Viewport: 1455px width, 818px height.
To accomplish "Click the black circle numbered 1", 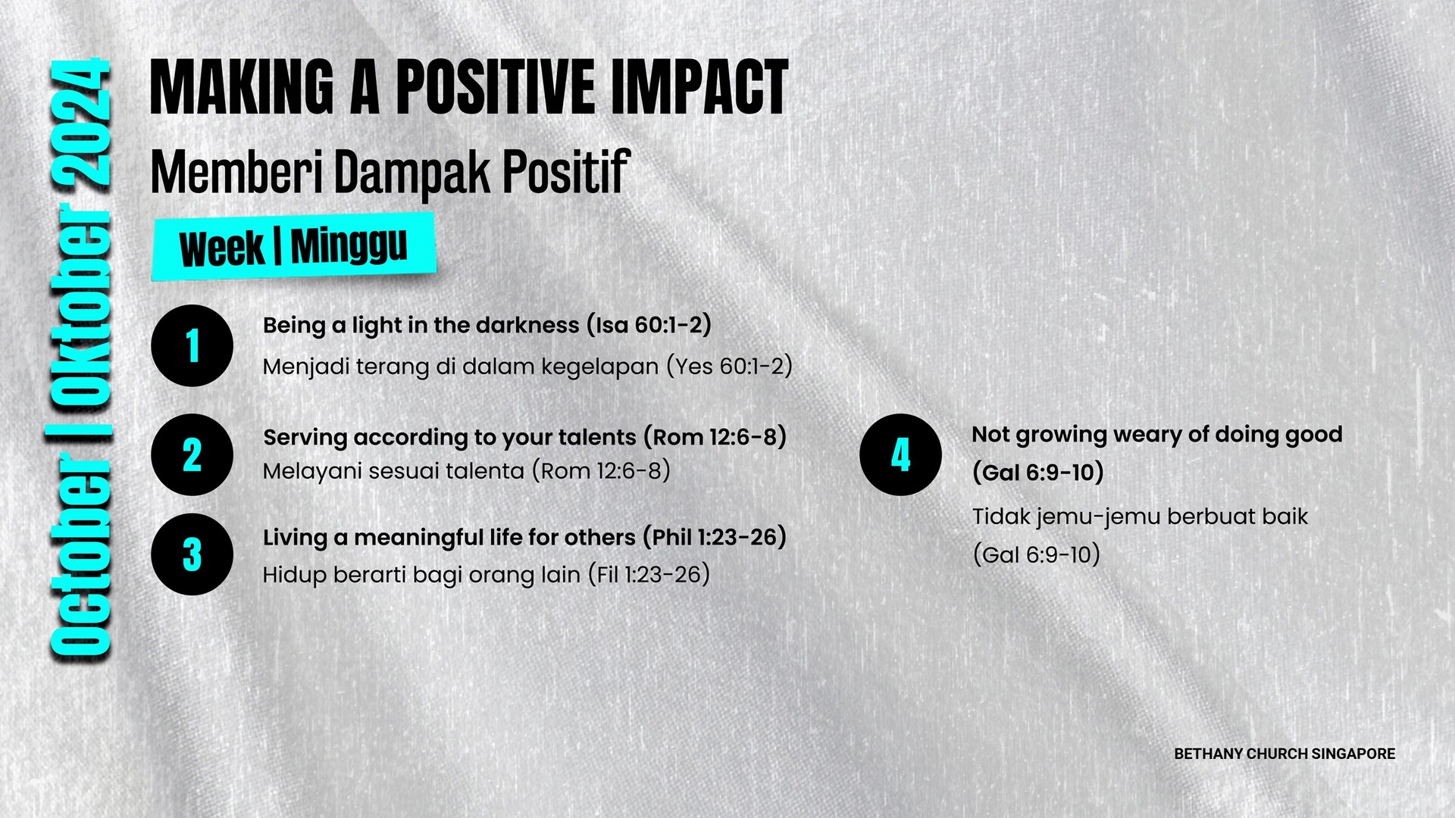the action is pyautogui.click(x=192, y=345).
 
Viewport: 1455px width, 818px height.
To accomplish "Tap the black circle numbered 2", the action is pyautogui.click(x=192, y=454).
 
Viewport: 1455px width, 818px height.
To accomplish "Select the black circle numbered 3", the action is pyautogui.click(x=192, y=554).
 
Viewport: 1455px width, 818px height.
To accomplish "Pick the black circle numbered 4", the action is pyautogui.click(x=900, y=454).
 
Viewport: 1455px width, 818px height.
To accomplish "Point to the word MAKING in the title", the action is pyautogui.click(x=242, y=88).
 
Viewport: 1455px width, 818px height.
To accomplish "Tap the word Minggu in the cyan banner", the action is pyautogui.click(x=349, y=245).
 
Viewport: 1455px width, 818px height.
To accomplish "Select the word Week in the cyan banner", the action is pyautogui.click(x=222, y=248).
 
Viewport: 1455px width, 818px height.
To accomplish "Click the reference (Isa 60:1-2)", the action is pyautogui.click(x=649, y=325).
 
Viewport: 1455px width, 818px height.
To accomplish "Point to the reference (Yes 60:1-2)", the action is pyautogui.click(x=729, y=367).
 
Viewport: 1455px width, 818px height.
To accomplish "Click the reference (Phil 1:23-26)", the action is pyautogui.click(x=715, y=537).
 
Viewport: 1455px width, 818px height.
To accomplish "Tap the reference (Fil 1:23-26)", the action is pyautogui.click(x=649, y=574).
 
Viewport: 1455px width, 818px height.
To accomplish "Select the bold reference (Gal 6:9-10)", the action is pyautogui.click(x=1038, y=473).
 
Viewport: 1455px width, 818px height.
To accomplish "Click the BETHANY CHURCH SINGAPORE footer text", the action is pyautogui.click(x=1284, y=754).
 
